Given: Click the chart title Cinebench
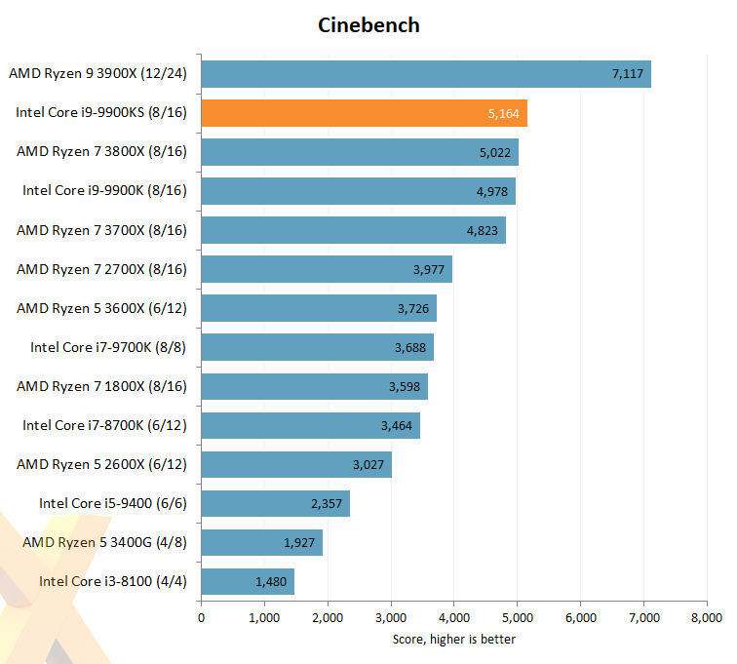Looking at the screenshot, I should click(368, 25).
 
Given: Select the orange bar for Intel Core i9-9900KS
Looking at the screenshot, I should click(364, 113).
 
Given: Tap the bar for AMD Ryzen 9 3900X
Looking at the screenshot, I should click(426, 74).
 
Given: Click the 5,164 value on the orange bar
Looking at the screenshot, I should click(504, 114).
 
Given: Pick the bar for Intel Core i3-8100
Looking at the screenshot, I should click(248, 581).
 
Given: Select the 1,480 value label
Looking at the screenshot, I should click(271, 581).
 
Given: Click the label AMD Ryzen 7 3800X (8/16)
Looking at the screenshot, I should click(101, 152).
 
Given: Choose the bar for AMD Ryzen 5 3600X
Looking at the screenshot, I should click(319, 308).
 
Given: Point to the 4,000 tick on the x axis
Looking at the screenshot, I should click(454, 617).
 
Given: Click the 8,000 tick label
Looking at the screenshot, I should click(706, 617).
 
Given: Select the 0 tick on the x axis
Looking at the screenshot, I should click(202, 617).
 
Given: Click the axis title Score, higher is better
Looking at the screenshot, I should click(454, 639).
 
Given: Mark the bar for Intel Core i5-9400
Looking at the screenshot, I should click(275, 503).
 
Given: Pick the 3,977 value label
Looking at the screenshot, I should click(430, 269).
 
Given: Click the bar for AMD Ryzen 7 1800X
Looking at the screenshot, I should click(314, 386).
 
